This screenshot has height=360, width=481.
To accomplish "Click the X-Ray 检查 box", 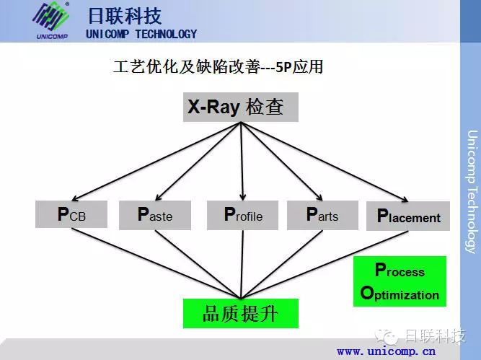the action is click(x=241, y=107).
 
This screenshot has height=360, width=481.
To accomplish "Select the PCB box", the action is click(x=71, y=214).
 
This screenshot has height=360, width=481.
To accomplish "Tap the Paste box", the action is click(x=155, y=215).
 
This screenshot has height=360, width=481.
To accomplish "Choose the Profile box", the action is click(x=242, y=215).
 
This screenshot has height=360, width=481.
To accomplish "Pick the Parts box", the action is click(x=322, y=215).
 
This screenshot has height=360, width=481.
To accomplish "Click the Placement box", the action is click(x=408, y=216).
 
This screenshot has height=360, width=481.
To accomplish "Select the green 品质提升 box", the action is click(x=241, y=313).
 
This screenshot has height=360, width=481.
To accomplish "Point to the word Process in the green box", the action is click(x=400, y=270).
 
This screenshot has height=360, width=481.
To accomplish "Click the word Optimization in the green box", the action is click(x=400, y=293).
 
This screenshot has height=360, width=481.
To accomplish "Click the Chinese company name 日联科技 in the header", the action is click(x=125, y=16).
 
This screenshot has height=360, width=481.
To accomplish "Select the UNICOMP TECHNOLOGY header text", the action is click(x=141, y=34).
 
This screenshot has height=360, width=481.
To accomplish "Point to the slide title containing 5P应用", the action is click(x=218, y=66).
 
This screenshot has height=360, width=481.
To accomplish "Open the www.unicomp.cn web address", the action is click(x=386, y=351).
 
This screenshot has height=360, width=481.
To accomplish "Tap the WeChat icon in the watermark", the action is click(x=387, y=337).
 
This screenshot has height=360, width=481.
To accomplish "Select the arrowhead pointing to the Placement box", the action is click(x=405, y=199).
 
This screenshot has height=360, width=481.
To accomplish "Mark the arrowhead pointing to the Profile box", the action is click(x=242, y=196).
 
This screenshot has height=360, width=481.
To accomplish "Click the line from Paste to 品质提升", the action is click(x=198, y=264).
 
